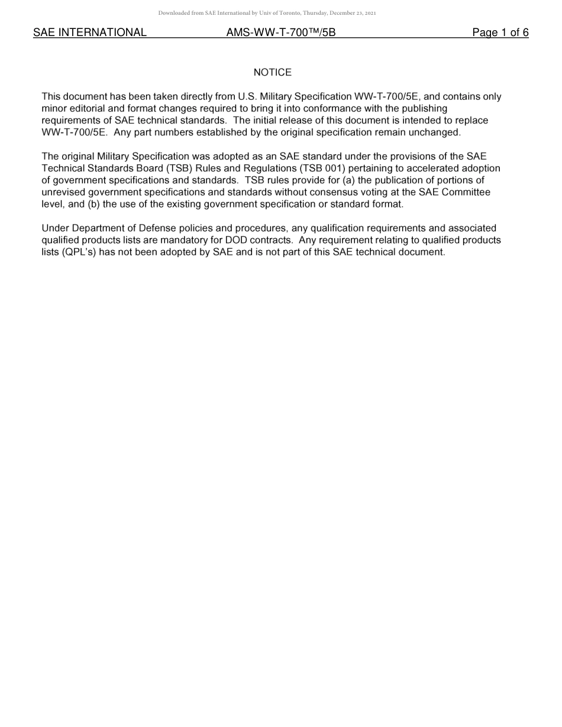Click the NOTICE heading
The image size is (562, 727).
coord(272,73)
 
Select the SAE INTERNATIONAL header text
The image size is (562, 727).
coord(90,33)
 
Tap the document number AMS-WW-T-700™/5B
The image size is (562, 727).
coord(281,33)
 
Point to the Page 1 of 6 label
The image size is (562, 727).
coord(500,33)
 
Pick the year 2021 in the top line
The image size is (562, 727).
coord(370,13)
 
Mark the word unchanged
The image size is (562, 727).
coord(438,132)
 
